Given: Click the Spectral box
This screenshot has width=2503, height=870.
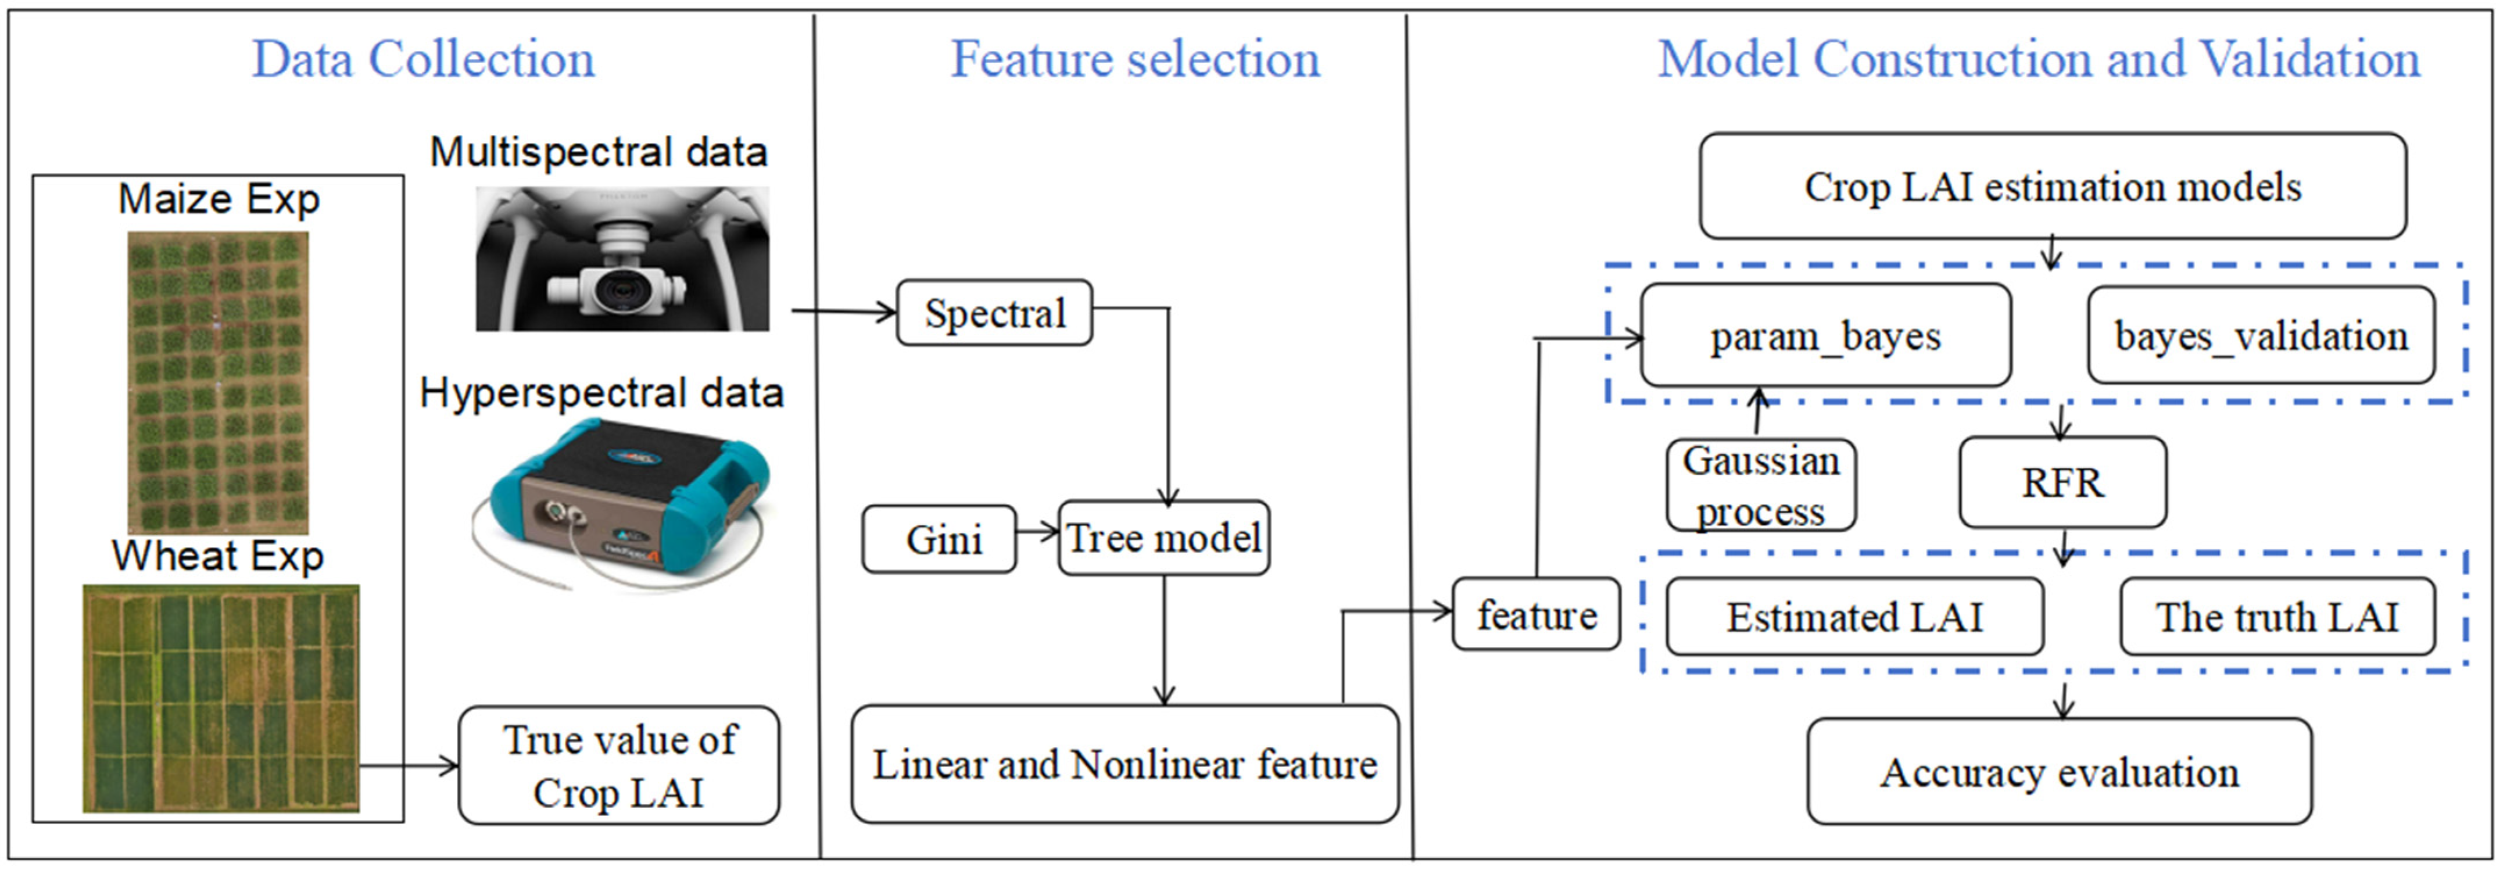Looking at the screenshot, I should coord(994,313).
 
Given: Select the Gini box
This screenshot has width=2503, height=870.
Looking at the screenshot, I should coord(940,539).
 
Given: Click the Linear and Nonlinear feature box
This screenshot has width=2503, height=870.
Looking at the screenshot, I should coord(1124,764).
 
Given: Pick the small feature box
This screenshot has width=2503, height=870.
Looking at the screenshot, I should coord(1536,614).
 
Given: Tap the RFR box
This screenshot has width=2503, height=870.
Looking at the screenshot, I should coord(2062,482).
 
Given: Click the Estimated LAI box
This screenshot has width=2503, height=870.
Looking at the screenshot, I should coord(1854,616).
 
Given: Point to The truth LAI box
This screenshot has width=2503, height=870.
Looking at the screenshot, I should coord(2276,616).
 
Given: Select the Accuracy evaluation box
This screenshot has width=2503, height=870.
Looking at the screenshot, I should coord(2059,772).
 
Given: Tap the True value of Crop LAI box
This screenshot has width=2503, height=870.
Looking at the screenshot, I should coord(619,766).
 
